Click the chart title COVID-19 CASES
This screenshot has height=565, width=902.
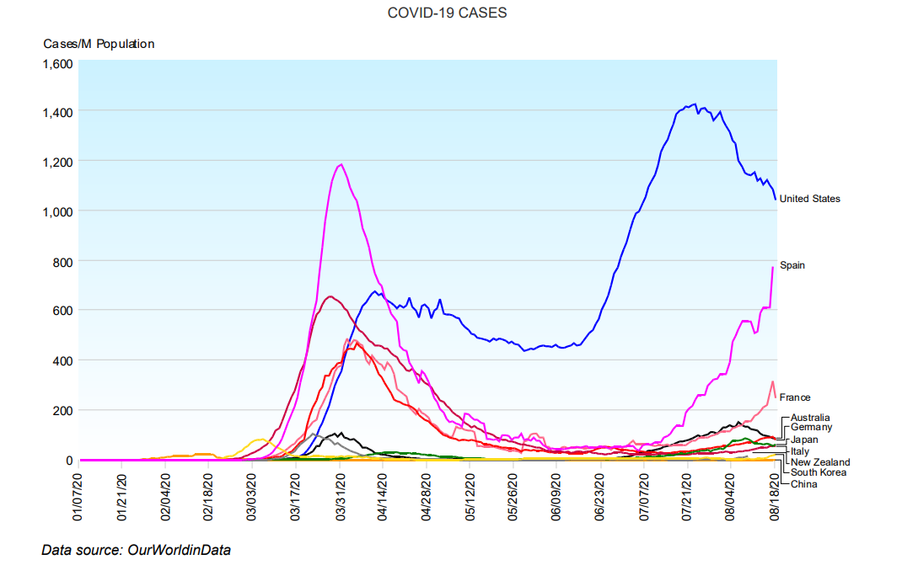coord(447,13)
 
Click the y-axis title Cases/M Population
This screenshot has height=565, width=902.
coord(99,44)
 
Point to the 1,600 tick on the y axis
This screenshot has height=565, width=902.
coord(58,63)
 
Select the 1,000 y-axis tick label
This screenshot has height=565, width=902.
coord(58,211)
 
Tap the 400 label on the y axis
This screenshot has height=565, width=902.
coord(64,360)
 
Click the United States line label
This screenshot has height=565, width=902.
coord(809,199)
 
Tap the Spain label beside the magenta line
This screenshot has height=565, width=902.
coord(792,265)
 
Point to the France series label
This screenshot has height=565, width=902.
coord(795,397)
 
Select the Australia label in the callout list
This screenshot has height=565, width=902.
coord(810,418)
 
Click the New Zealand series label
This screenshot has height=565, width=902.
coord(820,461)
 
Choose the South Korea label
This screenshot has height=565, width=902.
coord(818,472)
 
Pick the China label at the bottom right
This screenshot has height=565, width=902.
coord(803,483)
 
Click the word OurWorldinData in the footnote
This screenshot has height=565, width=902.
coord(179,550)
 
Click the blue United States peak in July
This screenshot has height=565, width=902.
coord(693,105)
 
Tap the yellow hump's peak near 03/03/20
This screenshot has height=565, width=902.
coord(259,440)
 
